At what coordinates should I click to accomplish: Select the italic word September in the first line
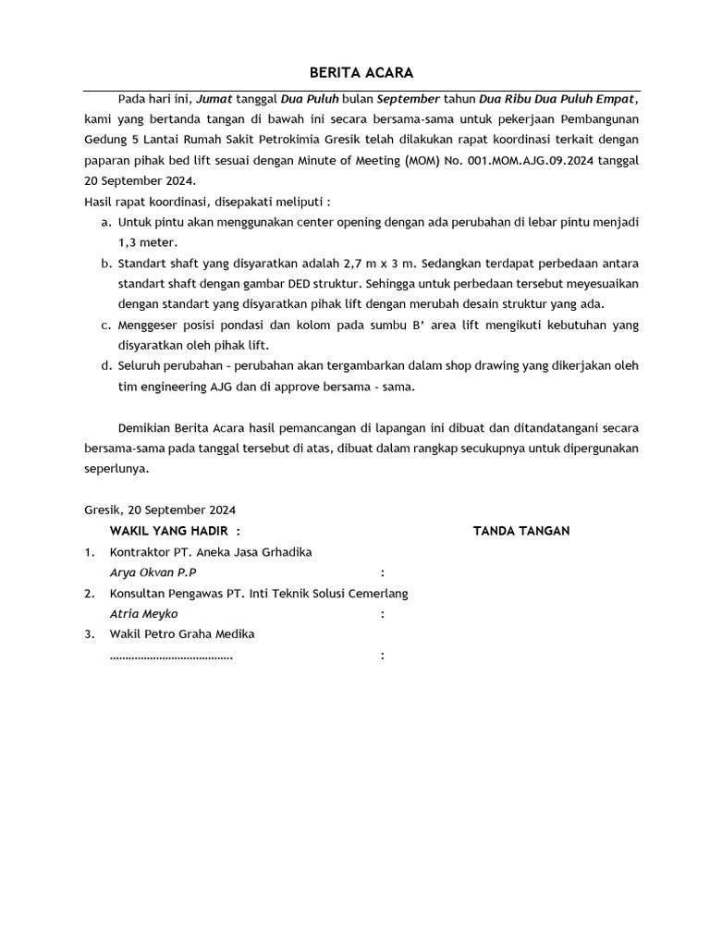(x=408, y=99)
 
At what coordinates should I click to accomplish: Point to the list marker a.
(x=105, y=223)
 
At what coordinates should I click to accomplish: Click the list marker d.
(x=105, y=365)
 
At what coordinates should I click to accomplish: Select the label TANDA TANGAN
(x=521, y=531)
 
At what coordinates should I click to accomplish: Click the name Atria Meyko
(x=143, y=614)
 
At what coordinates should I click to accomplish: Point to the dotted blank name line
(x=171, y=656)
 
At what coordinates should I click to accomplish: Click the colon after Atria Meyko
(x=383, y=614)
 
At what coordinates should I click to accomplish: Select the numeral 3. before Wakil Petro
(x=90, y=634)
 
